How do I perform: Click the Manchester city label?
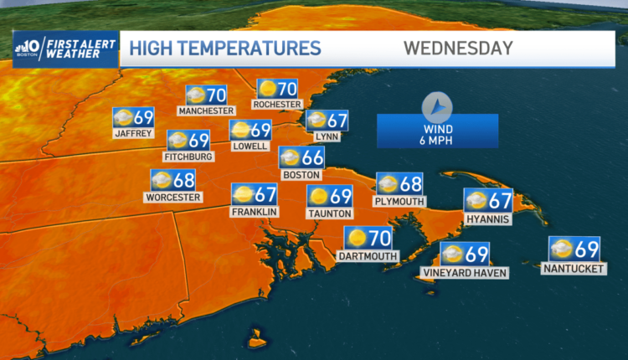coord(205,111)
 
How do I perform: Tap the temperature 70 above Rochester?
coord(286,88)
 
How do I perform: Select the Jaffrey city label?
coord(133,133)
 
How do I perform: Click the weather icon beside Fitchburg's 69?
coord(178,140)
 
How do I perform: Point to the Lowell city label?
coord(250,146)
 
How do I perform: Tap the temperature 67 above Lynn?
coord(337,120)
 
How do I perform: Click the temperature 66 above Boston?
coord(312,157)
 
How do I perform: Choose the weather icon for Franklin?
coord(243,194)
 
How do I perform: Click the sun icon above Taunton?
coord(318,196)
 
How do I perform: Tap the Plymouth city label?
coord(399,201)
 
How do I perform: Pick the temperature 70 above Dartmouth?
coord(380,237)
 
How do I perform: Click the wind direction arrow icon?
coord(437,107)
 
